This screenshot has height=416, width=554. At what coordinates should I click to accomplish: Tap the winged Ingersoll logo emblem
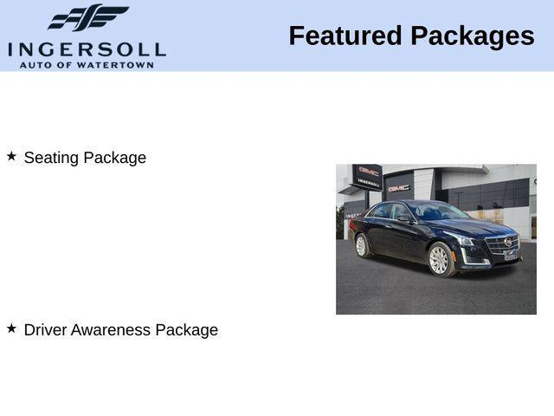87,17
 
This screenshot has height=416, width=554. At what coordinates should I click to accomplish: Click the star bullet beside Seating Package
11,156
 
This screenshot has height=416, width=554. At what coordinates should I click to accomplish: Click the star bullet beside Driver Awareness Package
11,328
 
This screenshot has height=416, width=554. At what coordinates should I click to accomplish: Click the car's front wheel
440,259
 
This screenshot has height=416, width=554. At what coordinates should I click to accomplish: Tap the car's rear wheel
362,246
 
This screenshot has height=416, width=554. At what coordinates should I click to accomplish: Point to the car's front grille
505,244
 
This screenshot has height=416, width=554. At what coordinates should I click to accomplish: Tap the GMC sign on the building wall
399,187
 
